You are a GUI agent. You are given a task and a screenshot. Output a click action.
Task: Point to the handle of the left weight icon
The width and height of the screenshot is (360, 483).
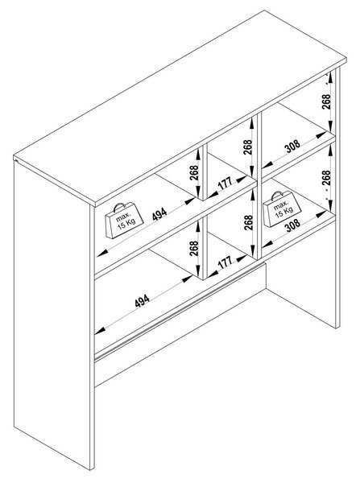coord(119,206)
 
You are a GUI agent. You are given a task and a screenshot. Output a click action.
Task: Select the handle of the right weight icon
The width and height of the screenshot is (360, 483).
coord(276,196)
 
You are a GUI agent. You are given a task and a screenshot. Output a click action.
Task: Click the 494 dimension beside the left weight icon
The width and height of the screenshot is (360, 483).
coord(159,214)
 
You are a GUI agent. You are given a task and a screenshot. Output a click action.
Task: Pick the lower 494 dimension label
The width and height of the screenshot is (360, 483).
coord(143,300)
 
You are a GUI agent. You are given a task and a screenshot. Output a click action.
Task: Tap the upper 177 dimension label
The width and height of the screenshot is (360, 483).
coord(225,184)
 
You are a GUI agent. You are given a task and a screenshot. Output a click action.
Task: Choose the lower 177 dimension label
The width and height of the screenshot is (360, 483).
coord(225,262)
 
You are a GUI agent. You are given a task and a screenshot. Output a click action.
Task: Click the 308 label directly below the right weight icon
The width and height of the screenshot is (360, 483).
coord(292,225)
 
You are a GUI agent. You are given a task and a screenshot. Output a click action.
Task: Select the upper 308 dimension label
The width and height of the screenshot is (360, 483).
coord(292,146)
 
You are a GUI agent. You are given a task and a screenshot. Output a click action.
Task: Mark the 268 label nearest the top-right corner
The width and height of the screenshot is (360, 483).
coord(326,101)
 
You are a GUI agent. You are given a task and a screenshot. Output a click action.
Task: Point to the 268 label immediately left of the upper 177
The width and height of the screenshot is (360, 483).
coord(194,173)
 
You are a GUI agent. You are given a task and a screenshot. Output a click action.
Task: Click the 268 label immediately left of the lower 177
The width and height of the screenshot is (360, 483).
coord(194,249)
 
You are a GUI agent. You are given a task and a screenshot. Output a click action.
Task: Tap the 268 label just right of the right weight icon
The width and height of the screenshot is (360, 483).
coord(326,178)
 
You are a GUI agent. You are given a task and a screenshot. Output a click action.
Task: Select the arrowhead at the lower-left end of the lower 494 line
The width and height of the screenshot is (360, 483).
coord(100,331)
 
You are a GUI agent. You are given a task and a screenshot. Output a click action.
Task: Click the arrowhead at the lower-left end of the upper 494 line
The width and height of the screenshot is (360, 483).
coord(102,254)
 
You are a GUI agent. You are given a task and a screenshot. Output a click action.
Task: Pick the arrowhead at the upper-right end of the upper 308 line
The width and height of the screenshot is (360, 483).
coord(321,134)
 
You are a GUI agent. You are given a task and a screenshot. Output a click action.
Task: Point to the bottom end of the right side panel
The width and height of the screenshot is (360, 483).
coord(337,327)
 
